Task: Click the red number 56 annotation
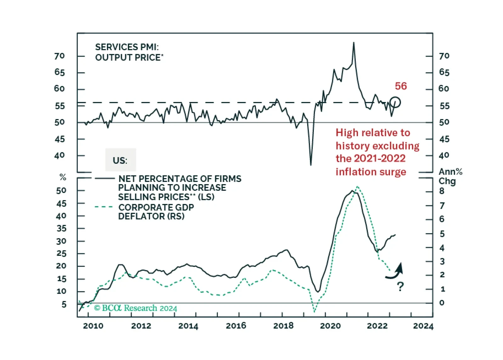(x=401, y=86)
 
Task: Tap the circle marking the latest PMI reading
(x=395, y=102)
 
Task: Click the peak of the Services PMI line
(x=353, y=42)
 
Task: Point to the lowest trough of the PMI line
(x=311, y=165)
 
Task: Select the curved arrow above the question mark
(x=395, y=272)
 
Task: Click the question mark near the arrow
(x=400, y=286)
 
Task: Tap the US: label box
(x=120, y=160)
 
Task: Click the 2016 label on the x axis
(x=236, y=326)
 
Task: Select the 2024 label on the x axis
(x=423, y=326)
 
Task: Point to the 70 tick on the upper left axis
(x=59, y=56)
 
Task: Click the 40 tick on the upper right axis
(x=444, y=155)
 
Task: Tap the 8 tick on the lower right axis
(x=442, y=191)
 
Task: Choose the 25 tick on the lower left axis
(x=61, y=254)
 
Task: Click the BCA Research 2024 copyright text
(x=136, y=308)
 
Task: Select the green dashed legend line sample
(x=104, y=207)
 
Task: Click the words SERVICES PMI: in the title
(x=127, y=47)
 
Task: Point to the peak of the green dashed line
(x=357, y=187)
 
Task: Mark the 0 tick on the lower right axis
(x=442, y=303)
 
